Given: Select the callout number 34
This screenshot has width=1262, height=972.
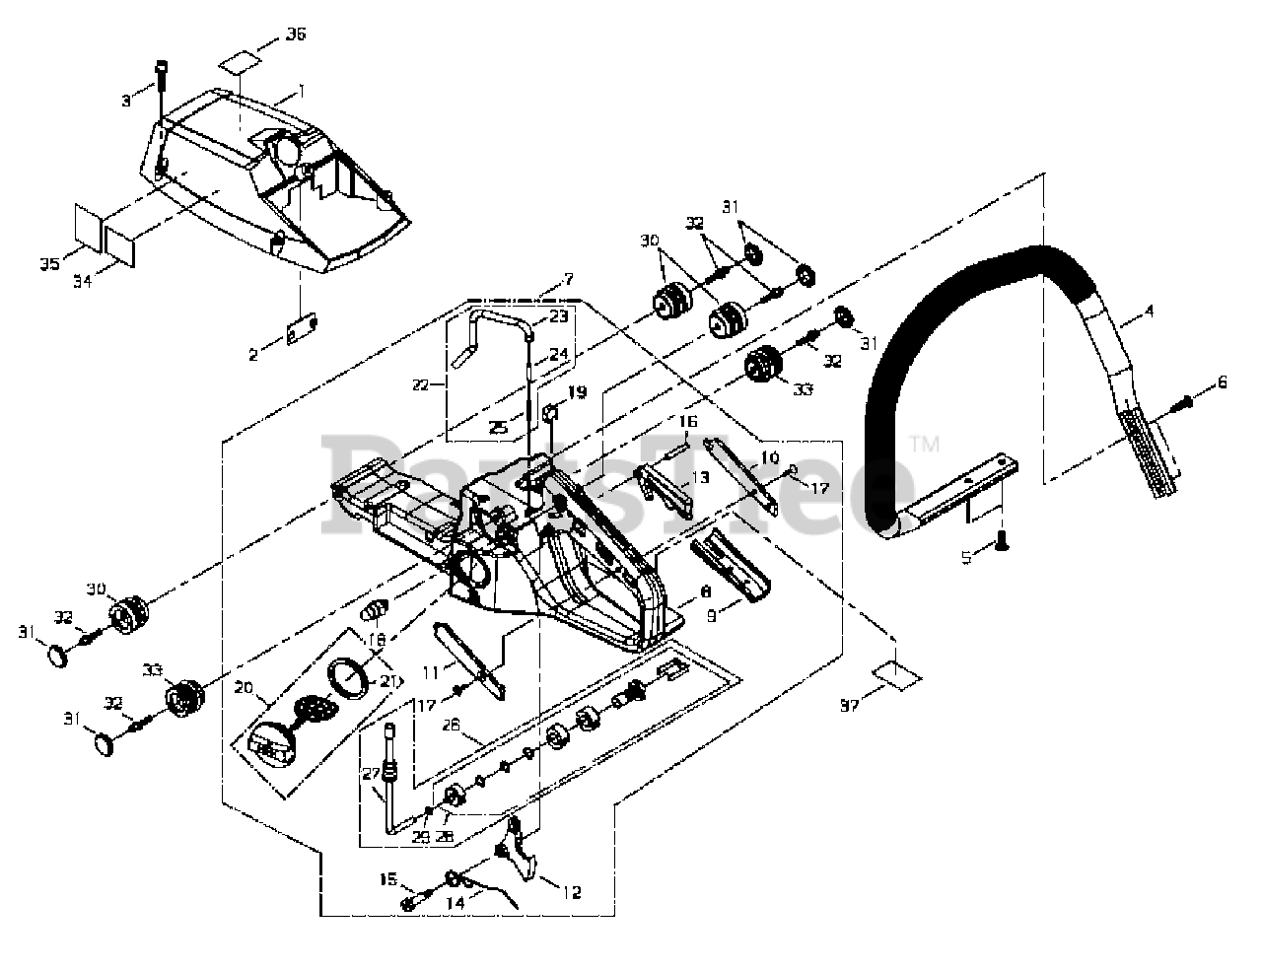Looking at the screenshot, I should (83, 281).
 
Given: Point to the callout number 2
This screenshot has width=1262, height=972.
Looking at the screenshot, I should (254, 354).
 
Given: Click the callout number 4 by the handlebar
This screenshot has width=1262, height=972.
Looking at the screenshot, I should (1149, 312).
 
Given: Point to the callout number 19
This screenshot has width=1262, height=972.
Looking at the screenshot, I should (577, 392).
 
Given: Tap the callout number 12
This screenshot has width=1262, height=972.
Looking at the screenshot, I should (571, 893).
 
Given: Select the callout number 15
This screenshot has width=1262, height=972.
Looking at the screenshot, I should (387, 878).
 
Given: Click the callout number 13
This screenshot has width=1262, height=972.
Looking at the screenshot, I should (701, 475).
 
